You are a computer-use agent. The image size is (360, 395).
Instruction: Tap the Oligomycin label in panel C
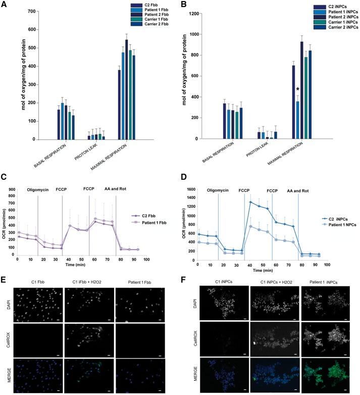[x=38, y=191]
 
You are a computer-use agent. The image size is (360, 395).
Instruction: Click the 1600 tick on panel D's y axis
[x=190, y=188]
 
